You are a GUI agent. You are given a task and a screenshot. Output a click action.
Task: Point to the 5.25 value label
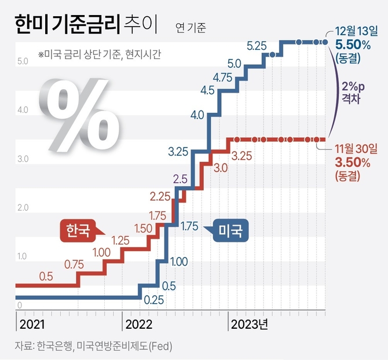pos(256,45)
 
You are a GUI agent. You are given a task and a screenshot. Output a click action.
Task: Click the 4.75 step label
pos(224,77)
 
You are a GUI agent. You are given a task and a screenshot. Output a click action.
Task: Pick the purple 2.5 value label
pos(180,179)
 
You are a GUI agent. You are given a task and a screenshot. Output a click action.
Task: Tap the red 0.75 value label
pos(74,264)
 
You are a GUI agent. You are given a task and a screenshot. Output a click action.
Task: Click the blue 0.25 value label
pos(153,299)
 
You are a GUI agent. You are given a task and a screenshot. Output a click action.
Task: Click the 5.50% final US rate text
pos(353,44)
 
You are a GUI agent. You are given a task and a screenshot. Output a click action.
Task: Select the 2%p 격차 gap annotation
pos(352,91)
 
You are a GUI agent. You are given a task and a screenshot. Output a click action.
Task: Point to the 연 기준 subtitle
pos(189,27)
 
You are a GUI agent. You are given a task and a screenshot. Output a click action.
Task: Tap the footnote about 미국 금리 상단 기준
pos(99,55)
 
